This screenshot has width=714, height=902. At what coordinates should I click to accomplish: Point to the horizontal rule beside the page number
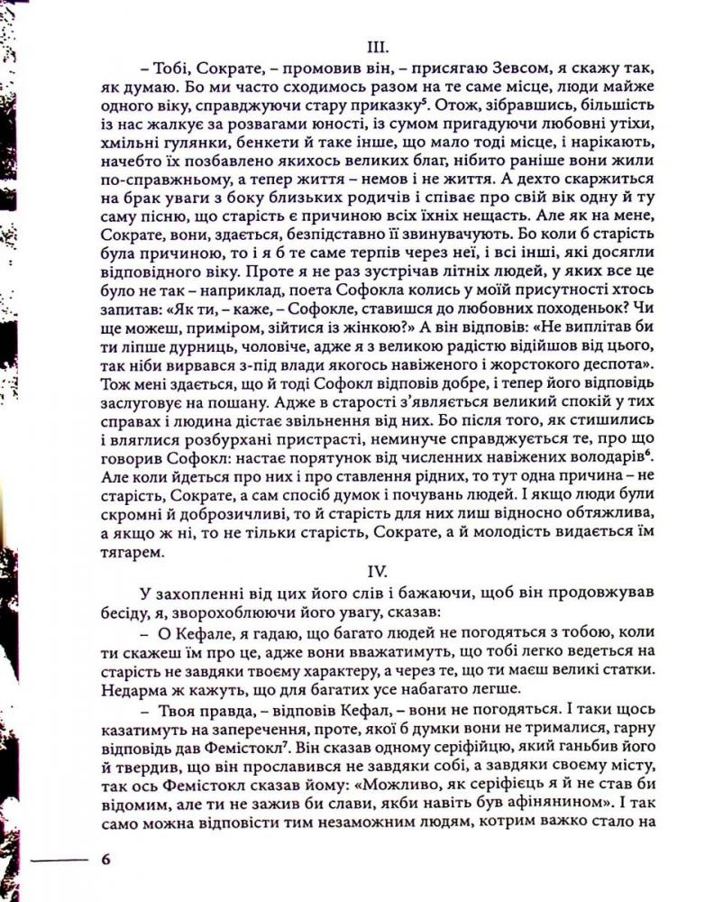[x=59, y=860]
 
